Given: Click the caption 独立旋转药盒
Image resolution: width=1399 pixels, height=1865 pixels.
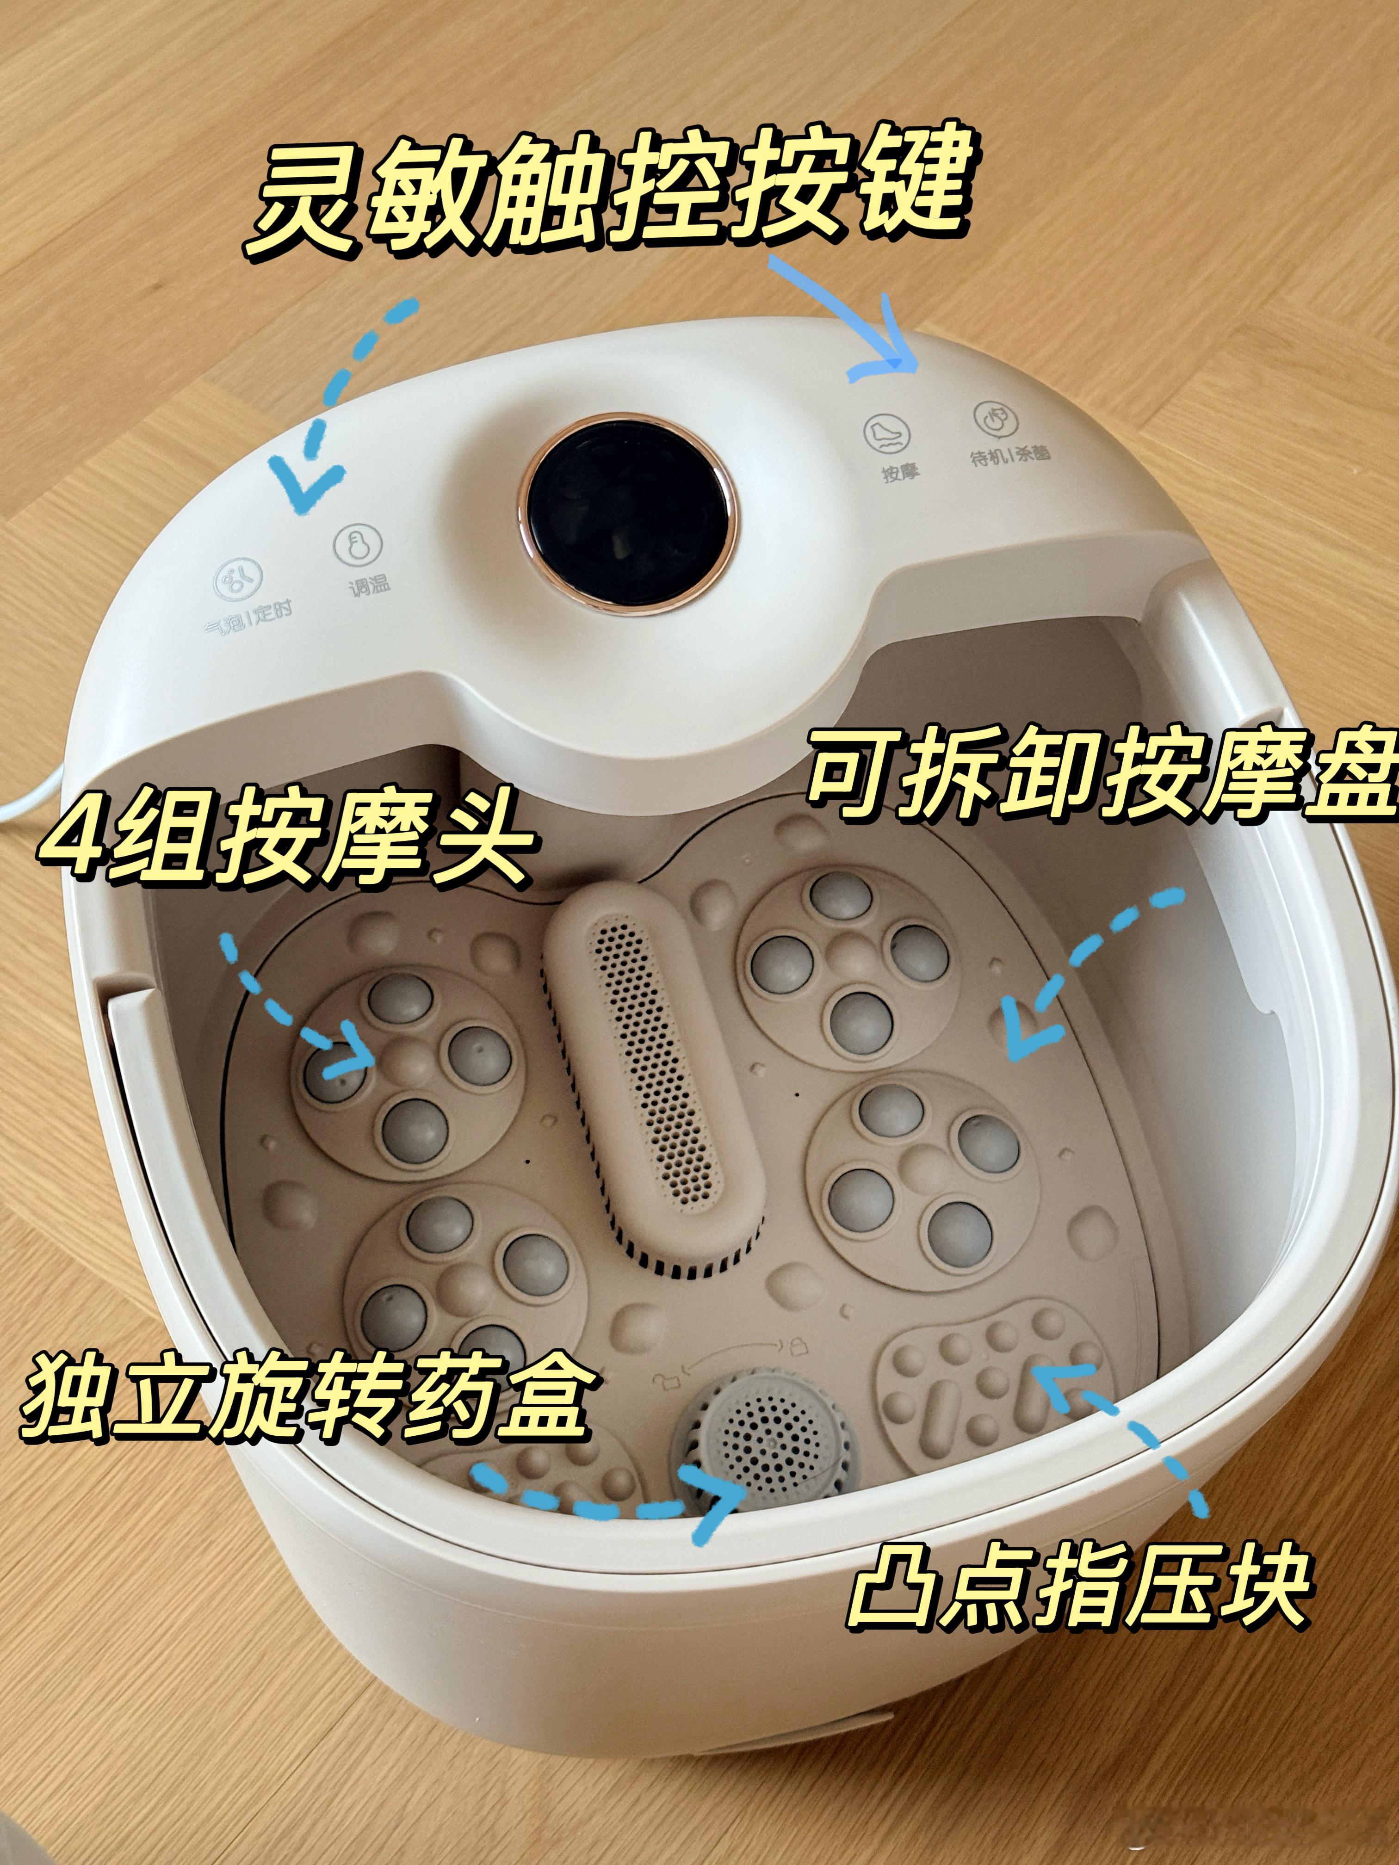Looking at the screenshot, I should [303, 1400].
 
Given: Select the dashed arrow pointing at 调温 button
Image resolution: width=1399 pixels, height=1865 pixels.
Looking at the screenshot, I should [337, 405].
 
